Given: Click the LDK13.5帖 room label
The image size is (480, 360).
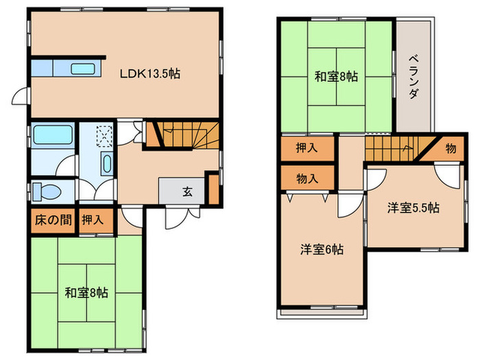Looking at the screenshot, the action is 149,74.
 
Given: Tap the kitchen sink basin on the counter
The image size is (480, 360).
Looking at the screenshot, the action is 83,69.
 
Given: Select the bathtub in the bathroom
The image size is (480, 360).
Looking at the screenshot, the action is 53,134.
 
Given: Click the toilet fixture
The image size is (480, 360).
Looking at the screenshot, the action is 46,191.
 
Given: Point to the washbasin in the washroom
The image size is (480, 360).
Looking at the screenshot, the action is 107,163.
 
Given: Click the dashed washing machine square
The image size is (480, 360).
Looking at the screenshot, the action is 104,136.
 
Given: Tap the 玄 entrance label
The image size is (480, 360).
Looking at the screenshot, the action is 188,192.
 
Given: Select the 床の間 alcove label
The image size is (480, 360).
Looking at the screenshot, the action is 53,220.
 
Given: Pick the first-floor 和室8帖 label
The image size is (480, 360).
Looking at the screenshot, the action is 86,293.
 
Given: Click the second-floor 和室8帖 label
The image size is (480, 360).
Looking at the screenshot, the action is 337,76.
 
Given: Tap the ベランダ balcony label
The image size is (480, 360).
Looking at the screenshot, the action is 414,77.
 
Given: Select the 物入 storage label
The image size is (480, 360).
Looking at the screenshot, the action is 307,178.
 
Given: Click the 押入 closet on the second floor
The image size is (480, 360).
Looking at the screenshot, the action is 307,149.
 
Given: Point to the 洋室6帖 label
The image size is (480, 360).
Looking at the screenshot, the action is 322,250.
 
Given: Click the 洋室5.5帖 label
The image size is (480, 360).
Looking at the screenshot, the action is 413,208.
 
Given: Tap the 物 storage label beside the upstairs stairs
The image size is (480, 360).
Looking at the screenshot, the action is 451,149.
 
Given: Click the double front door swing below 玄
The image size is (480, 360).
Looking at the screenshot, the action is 183,217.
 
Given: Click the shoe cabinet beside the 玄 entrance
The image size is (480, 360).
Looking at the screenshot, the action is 214,189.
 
